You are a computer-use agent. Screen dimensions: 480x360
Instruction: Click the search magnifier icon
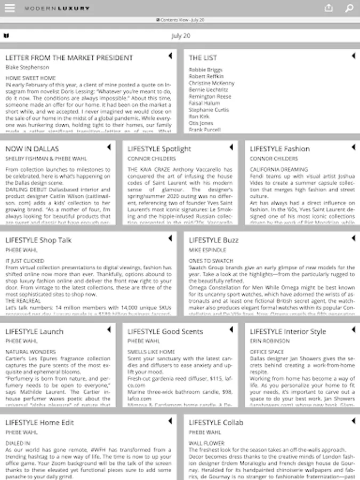click(349, 8)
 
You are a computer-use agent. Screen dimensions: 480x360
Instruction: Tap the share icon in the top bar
click(329, 8)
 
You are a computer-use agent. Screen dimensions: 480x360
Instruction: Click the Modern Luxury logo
click(57, 9)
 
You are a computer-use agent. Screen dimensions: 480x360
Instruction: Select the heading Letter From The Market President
click(69, 58)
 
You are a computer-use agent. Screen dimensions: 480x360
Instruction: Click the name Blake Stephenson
click(27, 68)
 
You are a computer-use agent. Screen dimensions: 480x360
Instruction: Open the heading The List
click(203, 58)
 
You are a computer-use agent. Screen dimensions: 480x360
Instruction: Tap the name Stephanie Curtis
click(209, 110)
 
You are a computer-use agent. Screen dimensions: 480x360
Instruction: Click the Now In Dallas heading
click(32, 149)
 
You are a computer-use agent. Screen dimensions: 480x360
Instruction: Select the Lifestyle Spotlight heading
click(159, 149)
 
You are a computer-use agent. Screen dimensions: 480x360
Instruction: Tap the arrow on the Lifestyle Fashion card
click(353, 147)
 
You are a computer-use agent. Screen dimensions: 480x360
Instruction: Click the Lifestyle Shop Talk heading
click(38, 241)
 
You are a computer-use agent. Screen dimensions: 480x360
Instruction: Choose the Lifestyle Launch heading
click(34, 332)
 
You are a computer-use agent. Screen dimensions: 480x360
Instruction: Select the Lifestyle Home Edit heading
click(40, 423)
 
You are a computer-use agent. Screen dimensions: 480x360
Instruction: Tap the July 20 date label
click(180, 36)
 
